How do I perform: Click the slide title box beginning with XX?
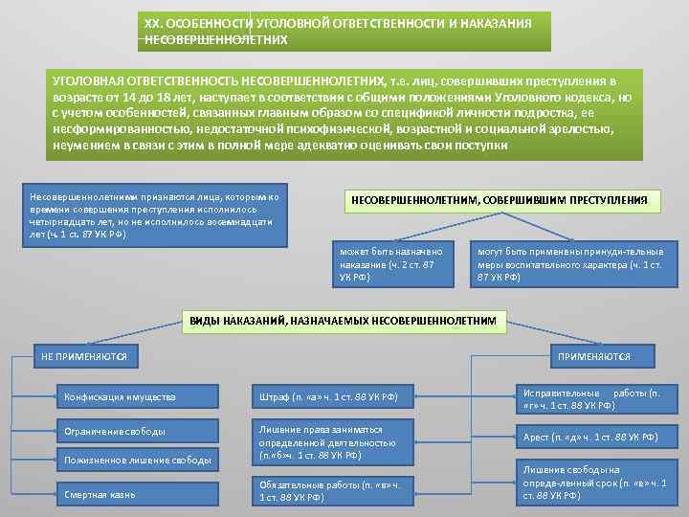pos(344,32)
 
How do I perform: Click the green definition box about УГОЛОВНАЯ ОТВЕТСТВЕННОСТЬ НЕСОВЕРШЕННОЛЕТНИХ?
pos(344,113)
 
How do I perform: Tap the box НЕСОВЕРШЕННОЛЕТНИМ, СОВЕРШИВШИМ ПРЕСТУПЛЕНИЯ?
pos(500,201)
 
